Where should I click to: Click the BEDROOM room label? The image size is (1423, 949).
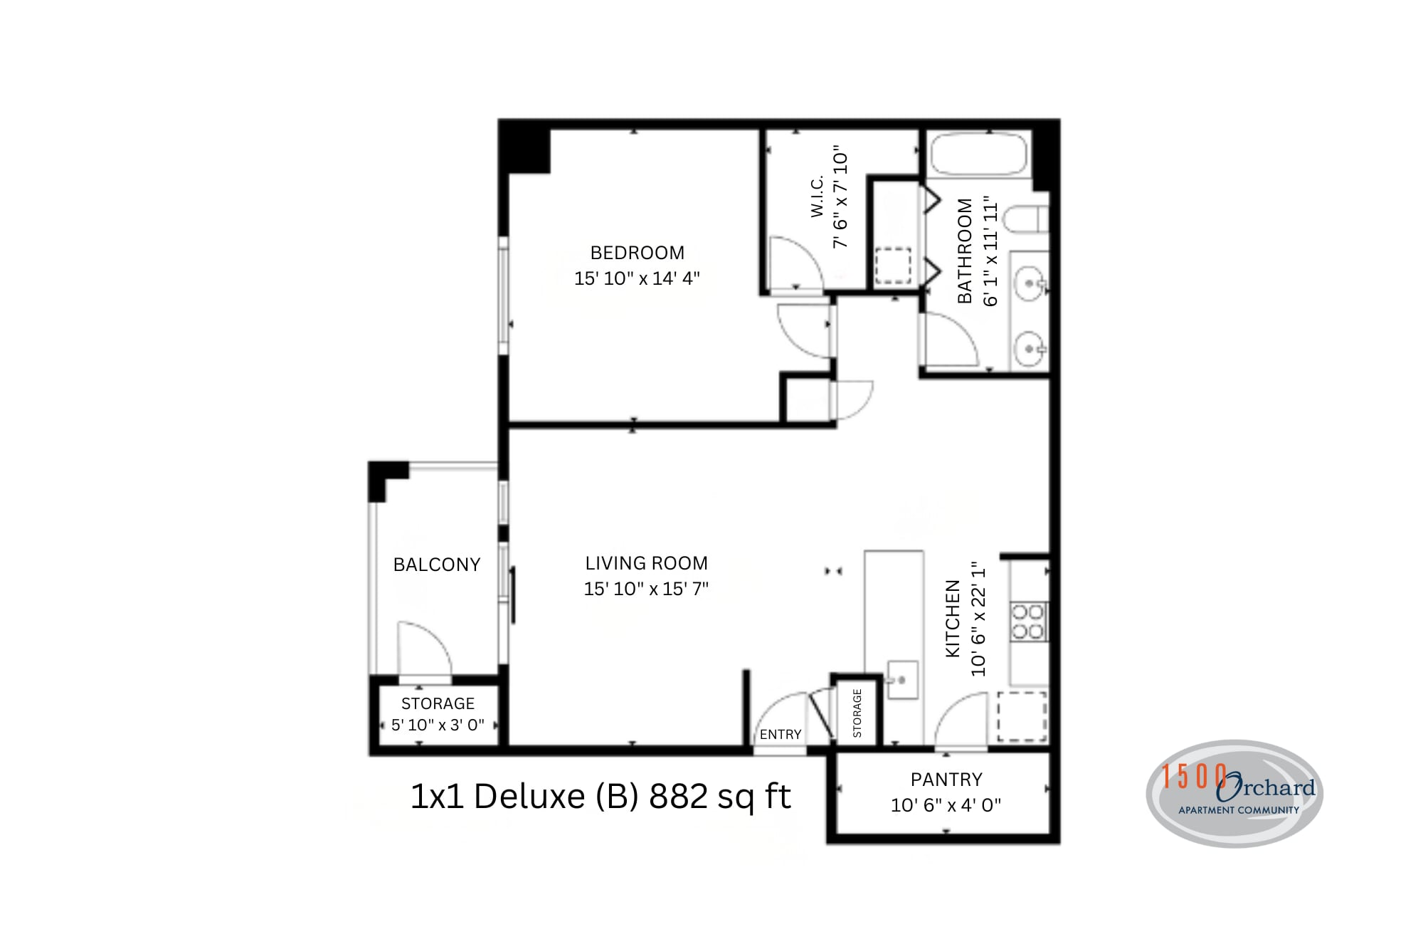point(637,253)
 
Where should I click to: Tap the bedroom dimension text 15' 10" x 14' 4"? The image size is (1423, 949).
point(637,278)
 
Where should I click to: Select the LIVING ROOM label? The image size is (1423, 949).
point(646,563)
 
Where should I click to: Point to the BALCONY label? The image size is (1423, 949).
point(437,565)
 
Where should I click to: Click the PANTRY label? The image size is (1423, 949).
point(946,780)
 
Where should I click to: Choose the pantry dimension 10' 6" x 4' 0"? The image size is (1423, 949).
point(946,805)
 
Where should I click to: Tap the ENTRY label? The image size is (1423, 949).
point(781,734)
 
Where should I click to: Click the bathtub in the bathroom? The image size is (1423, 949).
point(979,153)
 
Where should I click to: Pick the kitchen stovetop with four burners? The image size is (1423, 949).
point(1028,622)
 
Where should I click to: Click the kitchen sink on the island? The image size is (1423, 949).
point(902,680)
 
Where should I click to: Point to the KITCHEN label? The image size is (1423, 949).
point(952,618)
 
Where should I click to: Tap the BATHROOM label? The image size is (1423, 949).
point(964,251)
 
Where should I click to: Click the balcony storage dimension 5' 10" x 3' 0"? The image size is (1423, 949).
point(438,725)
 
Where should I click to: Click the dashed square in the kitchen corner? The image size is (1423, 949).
point(1022,715)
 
